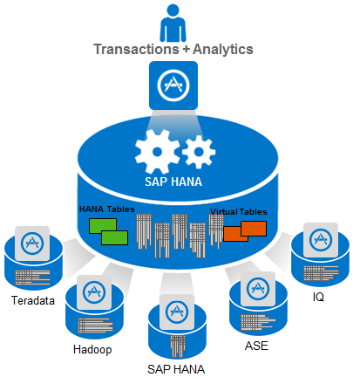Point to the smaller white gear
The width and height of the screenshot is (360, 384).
[200, 153]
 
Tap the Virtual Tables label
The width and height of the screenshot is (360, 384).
[238, 211]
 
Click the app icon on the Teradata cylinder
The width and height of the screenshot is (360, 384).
[35, 243]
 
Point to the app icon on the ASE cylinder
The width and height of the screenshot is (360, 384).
[258, 287]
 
